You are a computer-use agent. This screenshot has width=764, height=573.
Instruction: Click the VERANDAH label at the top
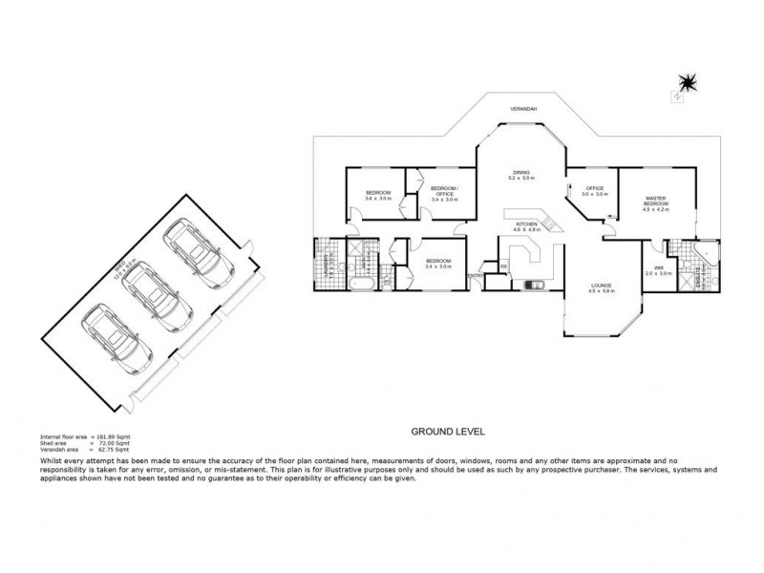pyautogui.click(x=523, y=109)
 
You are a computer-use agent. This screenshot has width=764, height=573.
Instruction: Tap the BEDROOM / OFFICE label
pyautogui.click(x=445, y=190)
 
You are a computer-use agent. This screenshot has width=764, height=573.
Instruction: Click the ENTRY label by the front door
pyautogui.click(x=475, y=276)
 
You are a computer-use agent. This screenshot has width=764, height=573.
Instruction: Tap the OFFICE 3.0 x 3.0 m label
pyautogui.click(x=596, y=191)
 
